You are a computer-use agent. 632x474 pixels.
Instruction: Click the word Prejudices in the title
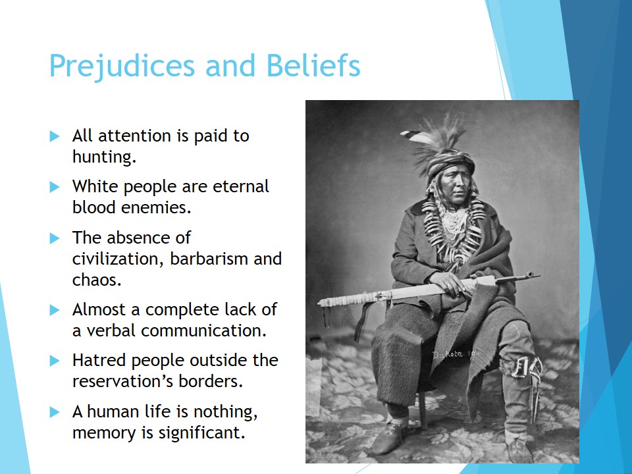[122, 66]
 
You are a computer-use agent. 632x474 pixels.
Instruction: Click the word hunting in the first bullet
[103, 157]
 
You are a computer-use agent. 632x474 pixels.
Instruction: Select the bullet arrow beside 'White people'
[55, 187]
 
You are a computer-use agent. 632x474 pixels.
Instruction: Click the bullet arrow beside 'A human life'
[55, 412]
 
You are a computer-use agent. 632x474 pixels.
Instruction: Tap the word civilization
[116, 258]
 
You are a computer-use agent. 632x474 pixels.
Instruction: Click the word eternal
[241, 186]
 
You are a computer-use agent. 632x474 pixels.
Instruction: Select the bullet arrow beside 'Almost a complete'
[55, 310]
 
